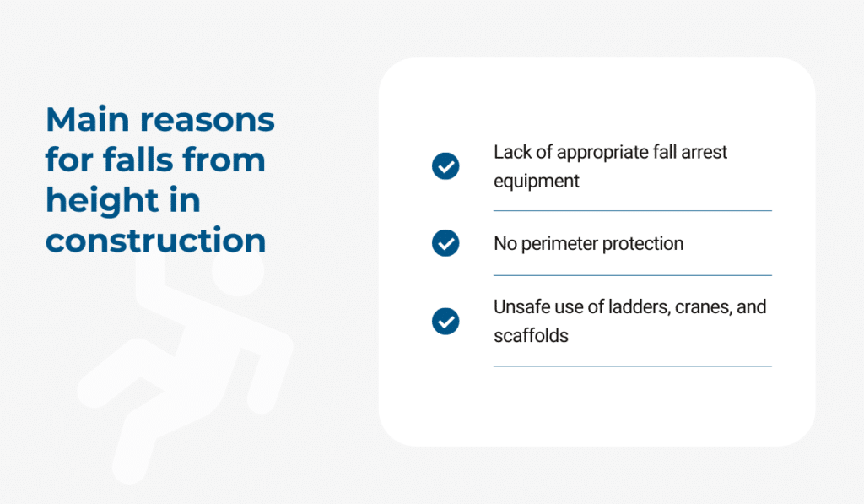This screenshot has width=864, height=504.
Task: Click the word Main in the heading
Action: [88, 119]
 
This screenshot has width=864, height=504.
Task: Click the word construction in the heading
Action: [156, 241]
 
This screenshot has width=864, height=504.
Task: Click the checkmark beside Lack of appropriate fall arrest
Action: [445, 166]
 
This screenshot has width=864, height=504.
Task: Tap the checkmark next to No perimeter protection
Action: [445, 243]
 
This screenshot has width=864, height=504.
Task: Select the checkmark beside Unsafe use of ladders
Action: [445, 321]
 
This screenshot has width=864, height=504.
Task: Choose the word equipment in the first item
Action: [536, 182]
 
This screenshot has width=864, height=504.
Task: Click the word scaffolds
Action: [531, 335]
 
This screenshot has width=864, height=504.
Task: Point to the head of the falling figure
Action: [238, 270]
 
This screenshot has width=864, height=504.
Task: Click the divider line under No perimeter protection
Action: [633, 275]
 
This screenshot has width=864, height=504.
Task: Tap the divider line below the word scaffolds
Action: [633, 366]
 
